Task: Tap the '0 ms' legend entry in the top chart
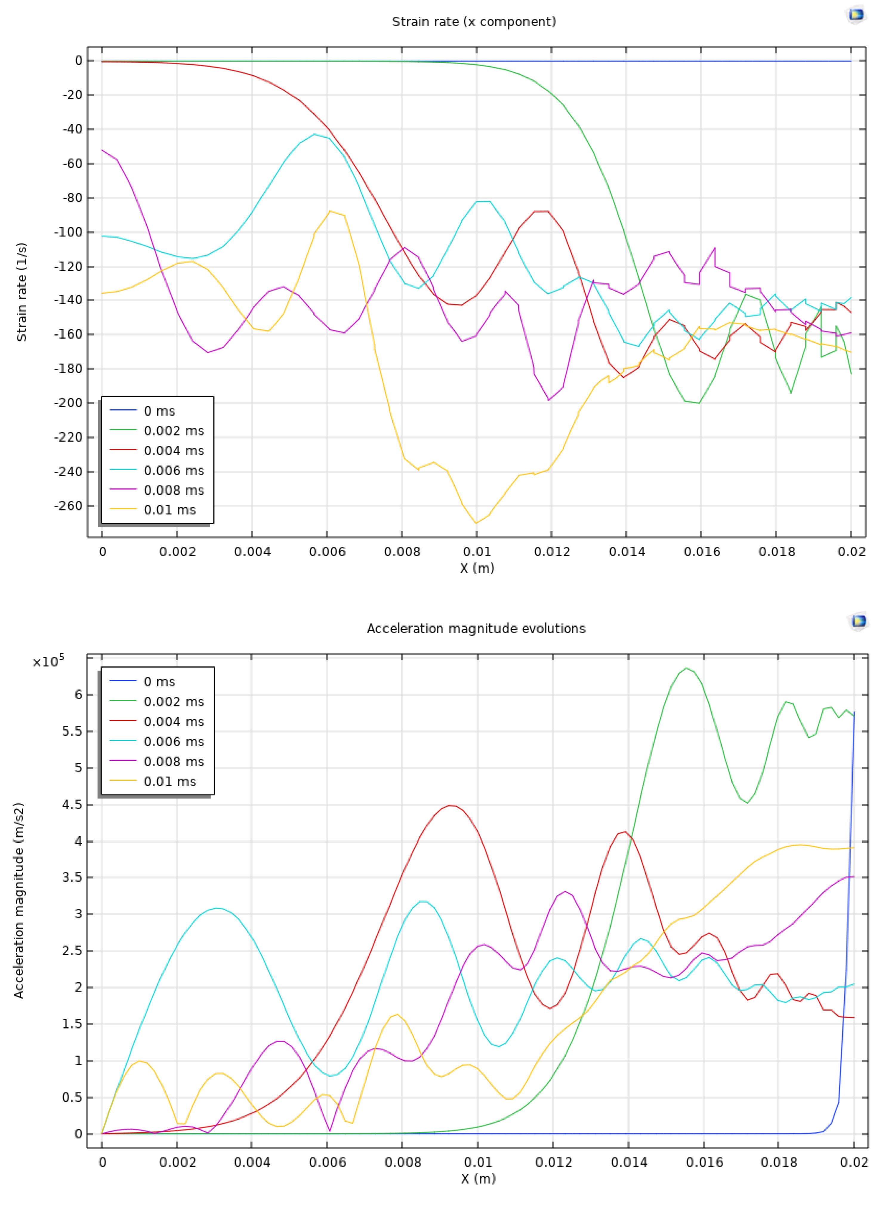point(159,411)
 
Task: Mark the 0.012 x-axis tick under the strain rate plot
point(552,552)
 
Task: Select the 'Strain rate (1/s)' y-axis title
point(21,292)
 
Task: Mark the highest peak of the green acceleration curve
point(686,668)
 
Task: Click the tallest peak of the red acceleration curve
point(451,805)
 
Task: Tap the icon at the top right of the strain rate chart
point(856,15)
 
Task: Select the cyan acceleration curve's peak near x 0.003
point(216,908)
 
